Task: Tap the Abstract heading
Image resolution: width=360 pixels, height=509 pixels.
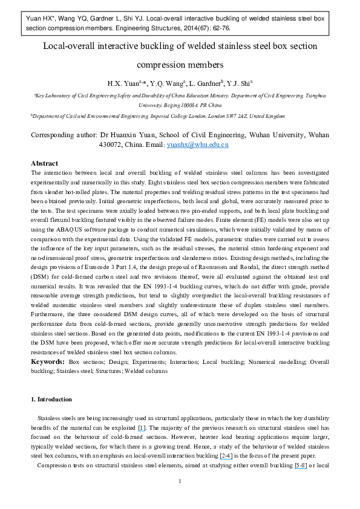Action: click(44, 163)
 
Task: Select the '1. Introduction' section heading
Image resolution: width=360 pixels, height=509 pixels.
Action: click(51, 399)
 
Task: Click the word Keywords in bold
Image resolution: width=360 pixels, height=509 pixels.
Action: click(48, 361)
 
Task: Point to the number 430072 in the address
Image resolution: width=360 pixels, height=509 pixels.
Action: click(112, 145)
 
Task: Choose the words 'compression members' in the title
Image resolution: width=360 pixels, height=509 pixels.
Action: click(180, 64)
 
